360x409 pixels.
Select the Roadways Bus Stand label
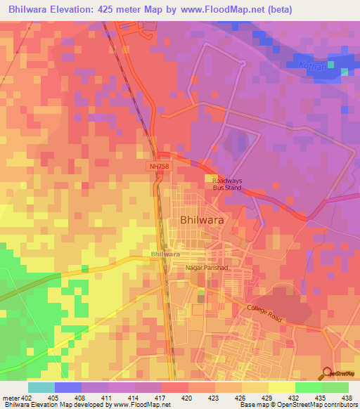click(227, 184)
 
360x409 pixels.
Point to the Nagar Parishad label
click(207, 268)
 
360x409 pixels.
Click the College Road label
click(264, 314)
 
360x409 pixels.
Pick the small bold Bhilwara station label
click(165, 254)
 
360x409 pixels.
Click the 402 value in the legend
click(26, 397)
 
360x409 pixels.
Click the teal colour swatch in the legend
click(41, 387)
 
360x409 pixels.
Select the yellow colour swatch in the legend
click(281, 387)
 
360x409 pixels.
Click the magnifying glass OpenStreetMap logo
click(327, 375)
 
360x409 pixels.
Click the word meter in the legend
click(9, 397)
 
